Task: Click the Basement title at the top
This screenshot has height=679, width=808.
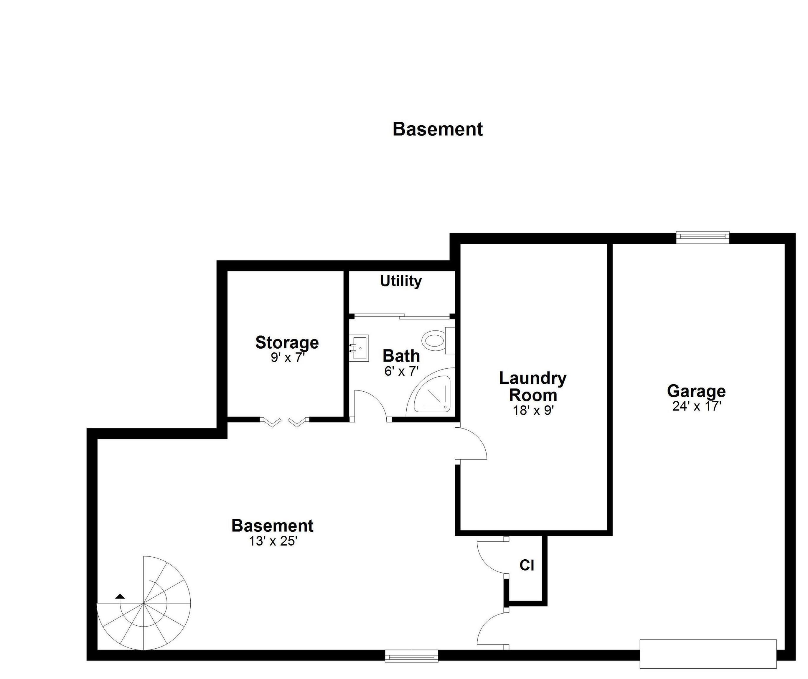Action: click(x=438, y=129)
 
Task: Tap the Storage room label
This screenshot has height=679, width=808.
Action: click(x=287, y=342)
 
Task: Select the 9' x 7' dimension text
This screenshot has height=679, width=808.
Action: click(x=288, y=358)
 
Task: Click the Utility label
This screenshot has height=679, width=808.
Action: click(x=401, y=281)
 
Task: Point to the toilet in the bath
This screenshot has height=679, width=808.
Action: click(x=438, y=340)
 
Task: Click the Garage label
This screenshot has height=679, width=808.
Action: click(x=696, y=391)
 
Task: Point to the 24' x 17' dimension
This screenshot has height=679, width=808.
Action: click(x=697, y=406)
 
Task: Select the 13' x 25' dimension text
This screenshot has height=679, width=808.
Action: click(x=273, y=541)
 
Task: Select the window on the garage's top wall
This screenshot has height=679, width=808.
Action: click(x=703, y=238)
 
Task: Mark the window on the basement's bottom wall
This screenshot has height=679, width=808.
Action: click(x=411, y=656)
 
